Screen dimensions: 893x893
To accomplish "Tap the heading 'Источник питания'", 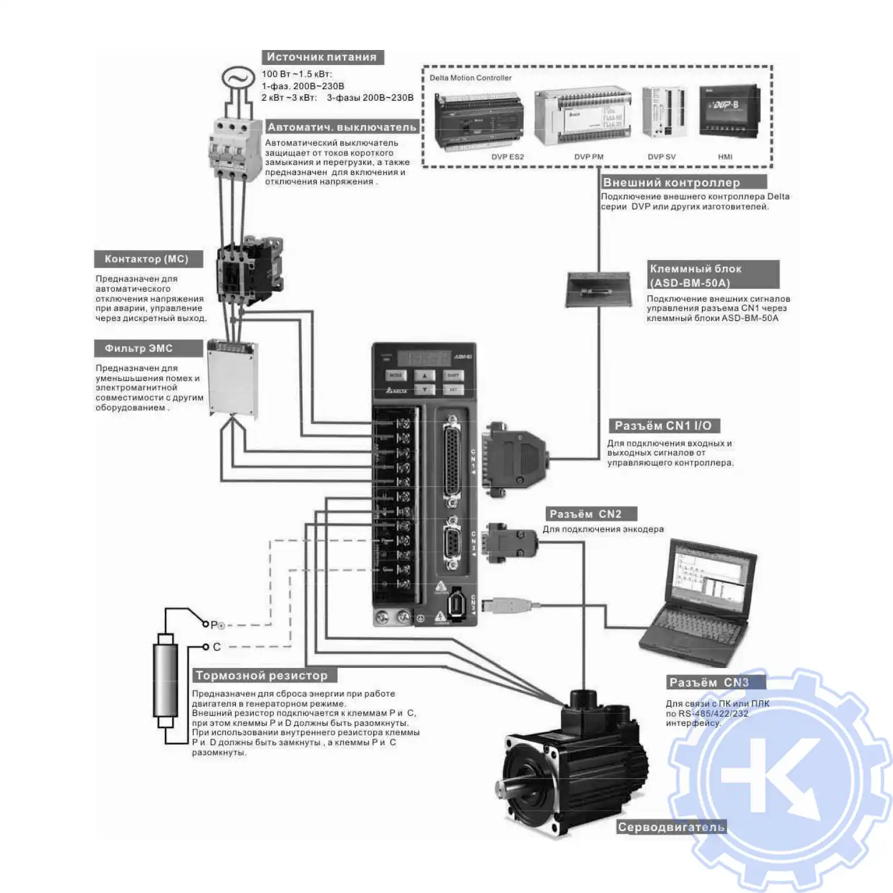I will point(321,57).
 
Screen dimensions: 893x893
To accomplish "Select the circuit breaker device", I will point(235,147).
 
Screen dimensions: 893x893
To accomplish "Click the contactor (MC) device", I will point(249,270).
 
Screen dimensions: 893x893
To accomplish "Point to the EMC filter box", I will point(232,378).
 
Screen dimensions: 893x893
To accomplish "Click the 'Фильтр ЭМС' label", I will point(139,348).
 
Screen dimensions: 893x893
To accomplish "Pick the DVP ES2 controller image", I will point(479,122).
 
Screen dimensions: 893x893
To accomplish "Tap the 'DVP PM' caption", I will point(588,157).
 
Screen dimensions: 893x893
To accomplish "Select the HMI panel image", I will point(729,111).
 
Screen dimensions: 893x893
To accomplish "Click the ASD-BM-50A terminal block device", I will point(597,289).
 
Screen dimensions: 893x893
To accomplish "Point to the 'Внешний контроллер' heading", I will point(671,183).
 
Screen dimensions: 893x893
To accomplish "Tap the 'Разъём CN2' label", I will point(586,514).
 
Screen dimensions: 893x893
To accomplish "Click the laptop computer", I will point(700,601).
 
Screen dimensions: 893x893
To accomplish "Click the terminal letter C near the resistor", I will point(217,647).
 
